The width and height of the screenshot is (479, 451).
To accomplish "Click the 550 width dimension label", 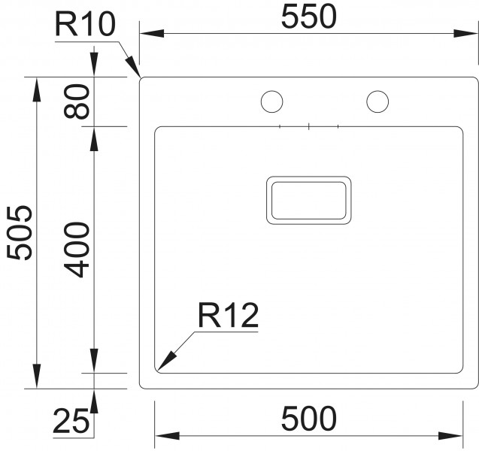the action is coord(308,17).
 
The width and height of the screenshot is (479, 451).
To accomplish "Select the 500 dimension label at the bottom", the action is coord(308,419).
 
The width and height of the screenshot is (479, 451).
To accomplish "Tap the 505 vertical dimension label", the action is coord(20,233).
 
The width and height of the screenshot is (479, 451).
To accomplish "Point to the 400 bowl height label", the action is coord(77,250).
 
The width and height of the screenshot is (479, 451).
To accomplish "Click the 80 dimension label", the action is coord(77,101).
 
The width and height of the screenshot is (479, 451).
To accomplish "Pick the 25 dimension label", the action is coord(71,422).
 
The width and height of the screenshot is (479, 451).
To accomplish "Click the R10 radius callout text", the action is coord(85,24).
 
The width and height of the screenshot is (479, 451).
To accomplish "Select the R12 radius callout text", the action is coord(228,315).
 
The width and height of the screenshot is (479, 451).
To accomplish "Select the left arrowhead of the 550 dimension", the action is coord(152,33).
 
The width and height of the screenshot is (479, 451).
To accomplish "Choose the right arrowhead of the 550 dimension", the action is coord(465,33).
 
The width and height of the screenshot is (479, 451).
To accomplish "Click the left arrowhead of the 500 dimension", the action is coord(167,436).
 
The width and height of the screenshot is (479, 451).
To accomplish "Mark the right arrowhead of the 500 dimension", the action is coord(450,436).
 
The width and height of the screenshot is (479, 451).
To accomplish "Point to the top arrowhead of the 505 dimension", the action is coord(37,89).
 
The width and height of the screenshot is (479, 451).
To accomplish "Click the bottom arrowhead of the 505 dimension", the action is coord(37,376).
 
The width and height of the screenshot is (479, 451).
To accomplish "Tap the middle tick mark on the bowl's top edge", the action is coord(309,126).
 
